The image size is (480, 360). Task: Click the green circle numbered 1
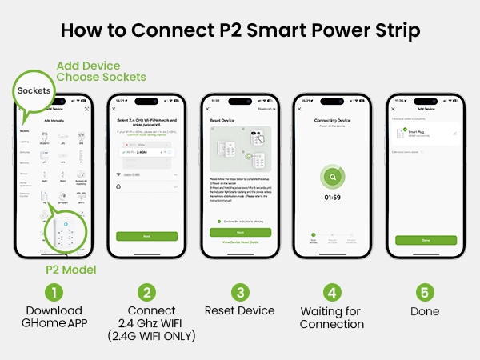point(54,293)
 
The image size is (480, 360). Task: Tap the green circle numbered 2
point(146,293)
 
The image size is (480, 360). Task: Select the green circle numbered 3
point(239,293)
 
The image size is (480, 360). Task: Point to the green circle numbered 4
point(332,293)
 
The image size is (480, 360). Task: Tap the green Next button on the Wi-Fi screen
point(146,236)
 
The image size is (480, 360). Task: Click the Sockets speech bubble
point(35,92)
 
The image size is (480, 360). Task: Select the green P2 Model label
point(70,270)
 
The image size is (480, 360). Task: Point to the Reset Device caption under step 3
point(239,310)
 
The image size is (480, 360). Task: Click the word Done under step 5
point(425,310)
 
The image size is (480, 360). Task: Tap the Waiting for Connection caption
point(332,317)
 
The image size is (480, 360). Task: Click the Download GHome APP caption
point(54,317)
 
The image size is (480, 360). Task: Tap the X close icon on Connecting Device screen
point(301,108)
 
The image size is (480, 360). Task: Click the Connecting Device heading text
point(332,119)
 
